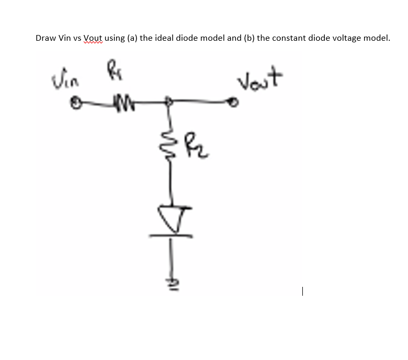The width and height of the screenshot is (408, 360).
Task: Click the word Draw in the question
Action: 46,38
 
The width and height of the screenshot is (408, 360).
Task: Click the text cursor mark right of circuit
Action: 302,293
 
